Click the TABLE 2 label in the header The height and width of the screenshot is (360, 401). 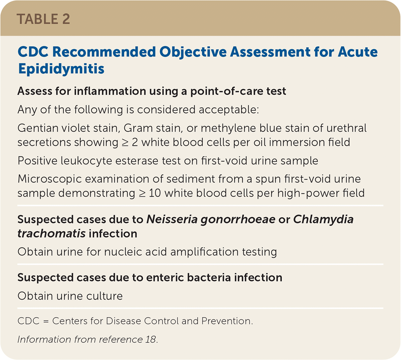(x=43, y=19)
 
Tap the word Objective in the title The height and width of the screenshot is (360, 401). (x=193, y=52)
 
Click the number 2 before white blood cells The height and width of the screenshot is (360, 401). (x=135, y=142)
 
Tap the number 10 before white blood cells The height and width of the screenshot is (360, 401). (x=155, y=193)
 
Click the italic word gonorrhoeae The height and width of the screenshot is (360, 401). (x=238, y=220)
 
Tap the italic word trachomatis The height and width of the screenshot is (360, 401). (x=51, y=234)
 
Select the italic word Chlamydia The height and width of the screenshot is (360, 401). (x=324, y=220)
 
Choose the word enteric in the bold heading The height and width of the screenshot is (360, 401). (x=165, y=278)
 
